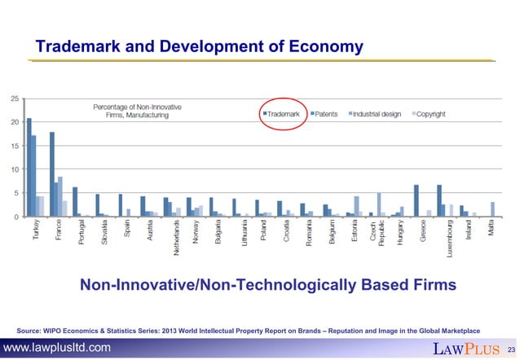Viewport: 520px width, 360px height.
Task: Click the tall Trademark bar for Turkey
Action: pos(29,168)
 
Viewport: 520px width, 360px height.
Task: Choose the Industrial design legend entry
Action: pos(376,114)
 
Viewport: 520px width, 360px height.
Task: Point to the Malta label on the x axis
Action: pos(491,231)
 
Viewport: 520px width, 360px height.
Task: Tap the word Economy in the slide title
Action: pos(325,48)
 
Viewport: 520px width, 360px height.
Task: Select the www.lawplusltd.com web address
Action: pos(57,349)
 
